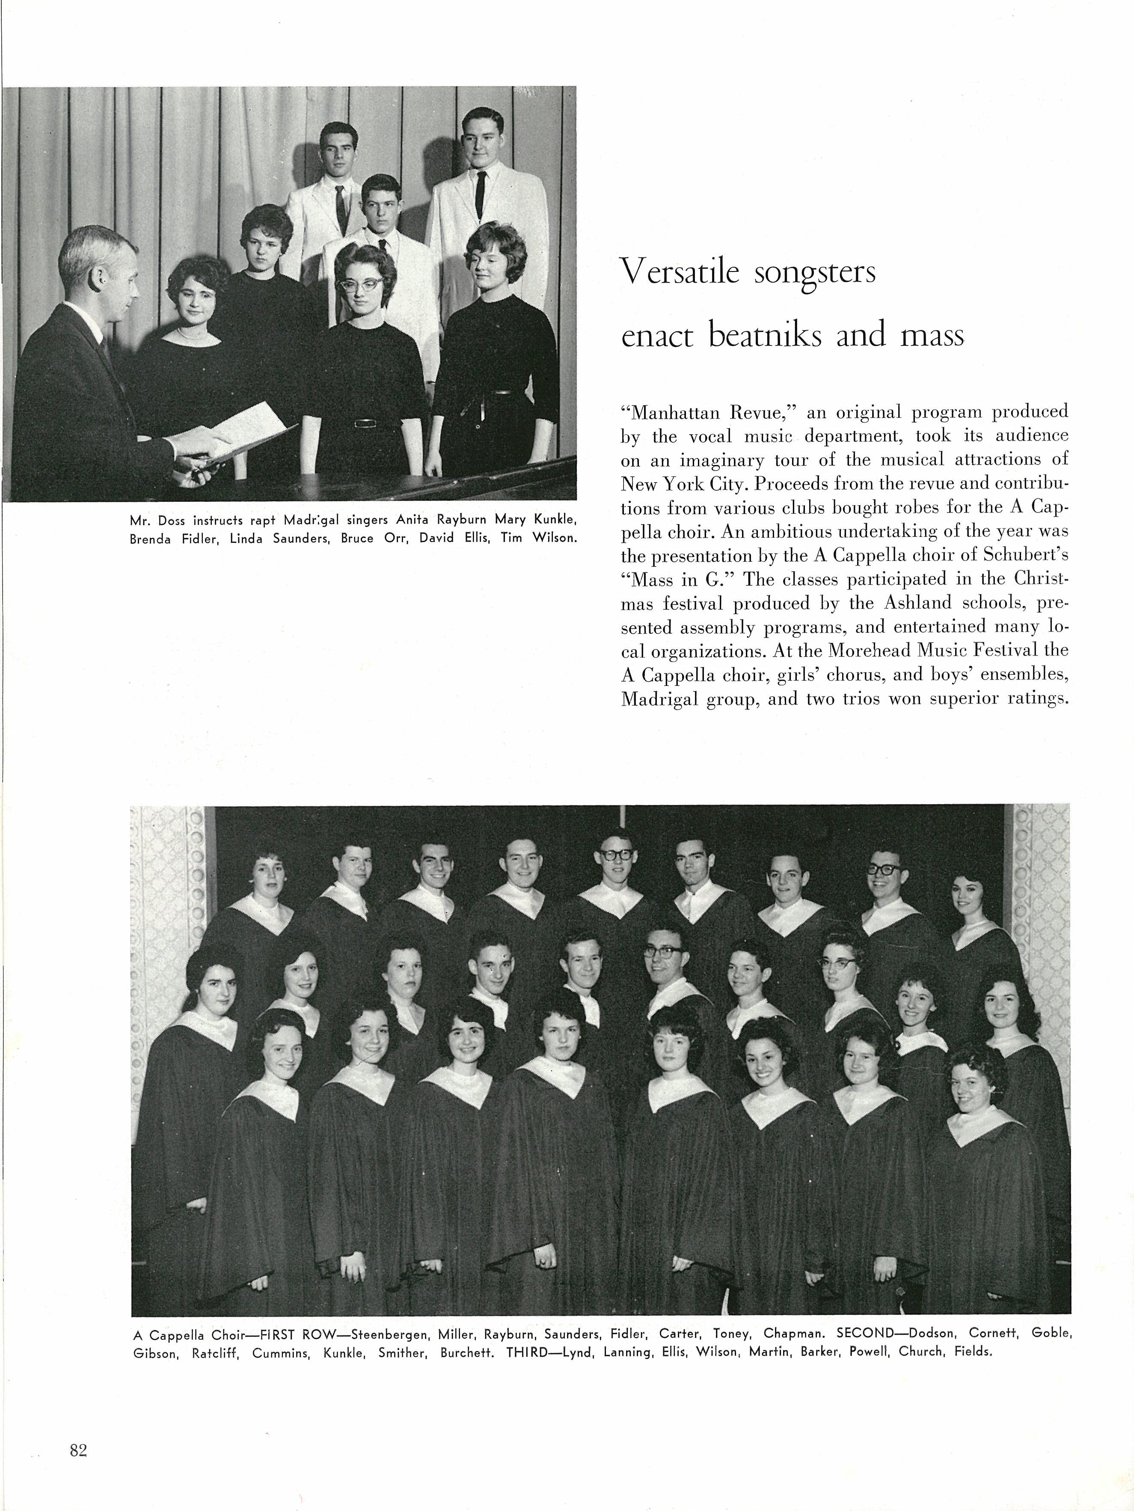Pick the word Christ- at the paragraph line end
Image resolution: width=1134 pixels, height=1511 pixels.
(1032, 579)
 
